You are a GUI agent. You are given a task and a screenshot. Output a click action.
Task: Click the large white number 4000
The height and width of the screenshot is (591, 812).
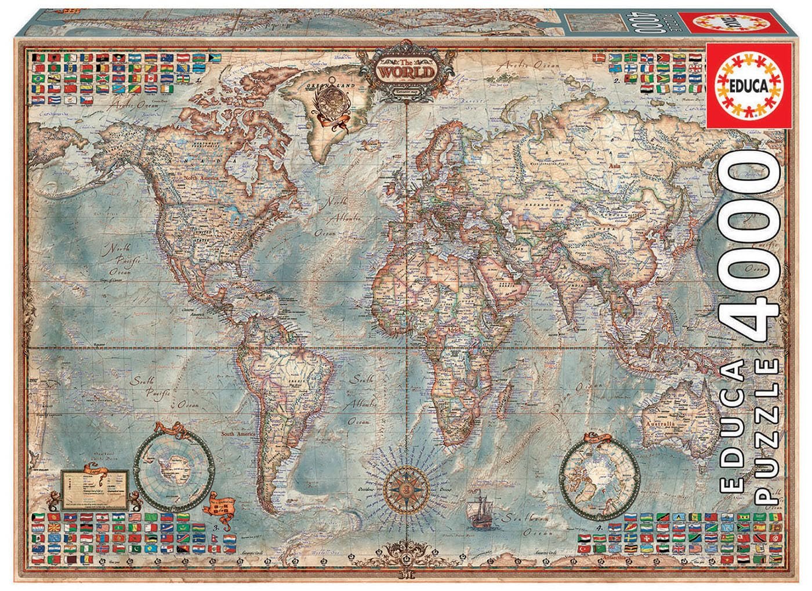click(749, 249)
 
